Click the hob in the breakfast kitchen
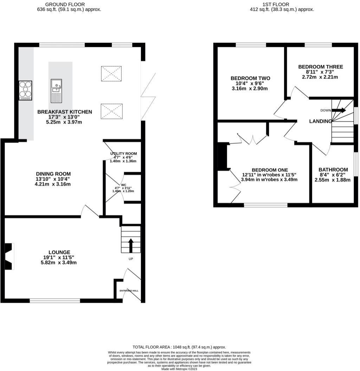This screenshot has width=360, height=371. tap(25, 91)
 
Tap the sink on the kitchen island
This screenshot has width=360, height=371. tap(56, 91)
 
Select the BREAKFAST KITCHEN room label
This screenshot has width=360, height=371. tap(65, 112)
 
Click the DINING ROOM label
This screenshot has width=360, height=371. tap(53, 174)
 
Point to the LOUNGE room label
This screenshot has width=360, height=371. tap(59, 253)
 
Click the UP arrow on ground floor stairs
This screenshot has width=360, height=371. tap(131, 246)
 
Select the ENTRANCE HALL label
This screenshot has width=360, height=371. tap(129, 291)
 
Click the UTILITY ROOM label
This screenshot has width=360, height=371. tap(123, 154)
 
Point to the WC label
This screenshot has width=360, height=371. tap(123, 185)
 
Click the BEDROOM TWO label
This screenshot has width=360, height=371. tap(250, 78)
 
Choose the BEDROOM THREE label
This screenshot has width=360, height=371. tap(321, 67)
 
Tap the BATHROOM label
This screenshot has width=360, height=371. tap(333, 170)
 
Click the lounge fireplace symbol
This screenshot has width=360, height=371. tap(9, 256)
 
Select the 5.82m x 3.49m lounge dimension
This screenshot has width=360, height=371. tap(59, 263)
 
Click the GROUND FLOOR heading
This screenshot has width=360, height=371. tap(65, 4)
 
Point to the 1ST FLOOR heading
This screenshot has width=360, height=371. tap(276, 4)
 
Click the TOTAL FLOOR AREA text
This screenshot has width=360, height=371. tap(179, 347)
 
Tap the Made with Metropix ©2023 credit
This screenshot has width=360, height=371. tap(179, 369)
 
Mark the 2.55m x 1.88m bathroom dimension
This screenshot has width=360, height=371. tap(333, 180)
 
